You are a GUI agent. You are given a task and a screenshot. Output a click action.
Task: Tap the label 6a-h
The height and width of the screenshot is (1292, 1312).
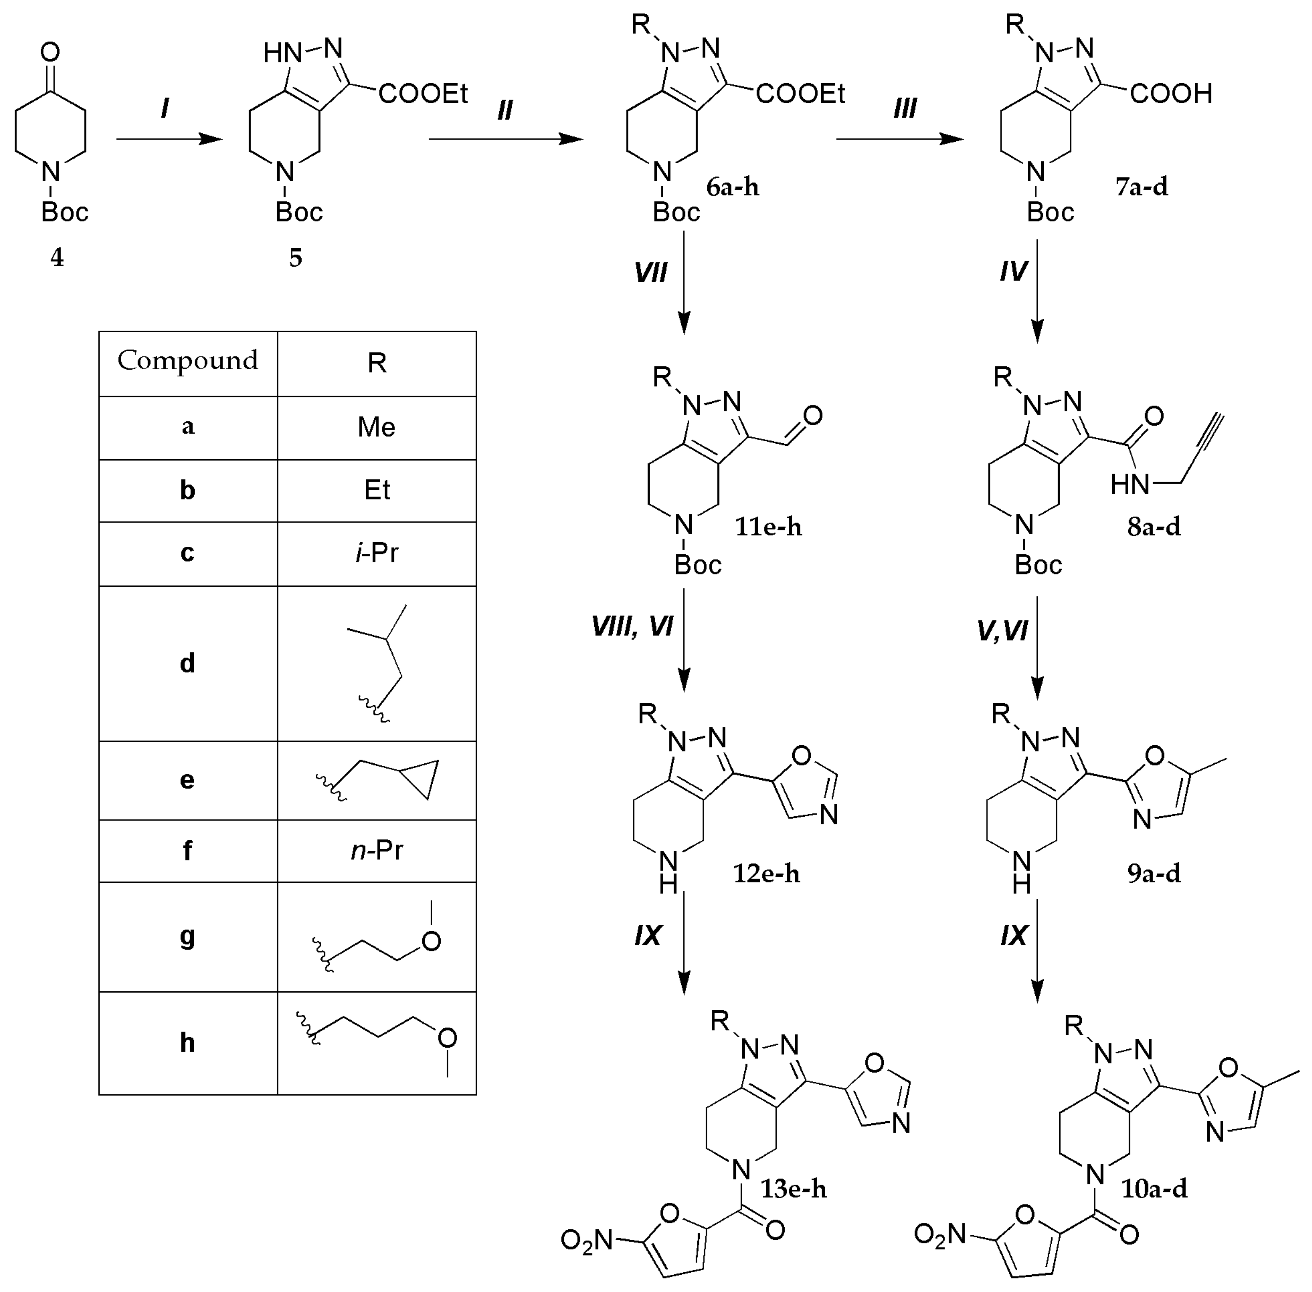[x=733, y=187]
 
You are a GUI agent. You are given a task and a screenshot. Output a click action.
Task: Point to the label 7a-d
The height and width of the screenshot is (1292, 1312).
[x=1142, y=187]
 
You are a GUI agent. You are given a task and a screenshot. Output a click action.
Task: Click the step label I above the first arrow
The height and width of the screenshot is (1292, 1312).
[x=165, y=109]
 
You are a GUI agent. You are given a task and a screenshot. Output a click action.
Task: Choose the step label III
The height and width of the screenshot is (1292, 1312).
[x=905, y=109]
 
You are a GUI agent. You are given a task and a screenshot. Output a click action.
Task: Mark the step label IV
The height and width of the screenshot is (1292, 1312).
[x=1013, y=271]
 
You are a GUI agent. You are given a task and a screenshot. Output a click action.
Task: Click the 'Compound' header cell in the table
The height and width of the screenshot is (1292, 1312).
[x=188, y=361]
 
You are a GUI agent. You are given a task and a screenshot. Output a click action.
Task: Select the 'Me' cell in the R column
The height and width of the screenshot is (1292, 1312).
[x=376, y=427]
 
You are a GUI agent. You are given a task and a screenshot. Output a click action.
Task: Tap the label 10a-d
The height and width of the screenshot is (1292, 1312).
[x=1154, y=1189]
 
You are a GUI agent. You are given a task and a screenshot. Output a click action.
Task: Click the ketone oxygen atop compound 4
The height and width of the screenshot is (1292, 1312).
[x=50, y=52]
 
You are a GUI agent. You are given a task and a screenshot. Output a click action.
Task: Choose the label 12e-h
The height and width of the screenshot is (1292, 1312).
[x=767, y=874]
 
